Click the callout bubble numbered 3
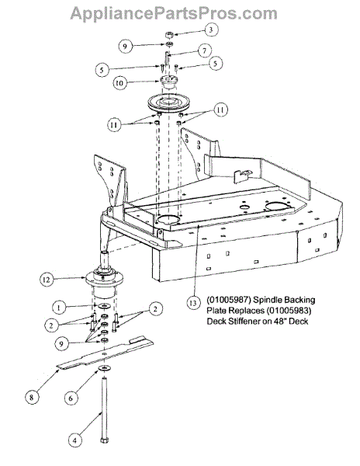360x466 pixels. point(211,30)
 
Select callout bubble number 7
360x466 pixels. point(204,50)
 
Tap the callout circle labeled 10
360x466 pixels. point(119,83)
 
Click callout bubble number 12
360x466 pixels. point(47,280)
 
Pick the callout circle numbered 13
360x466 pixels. point(193,303)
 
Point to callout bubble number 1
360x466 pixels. point(59,308)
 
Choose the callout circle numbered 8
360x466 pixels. point(32,397)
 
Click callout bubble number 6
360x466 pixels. point(71,398)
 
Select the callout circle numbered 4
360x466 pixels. point(74,440)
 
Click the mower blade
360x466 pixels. point(105,354)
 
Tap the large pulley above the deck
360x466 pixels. point(169,103)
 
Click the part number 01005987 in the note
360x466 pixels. point(229,300)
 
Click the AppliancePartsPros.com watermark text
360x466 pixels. point(174,13)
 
